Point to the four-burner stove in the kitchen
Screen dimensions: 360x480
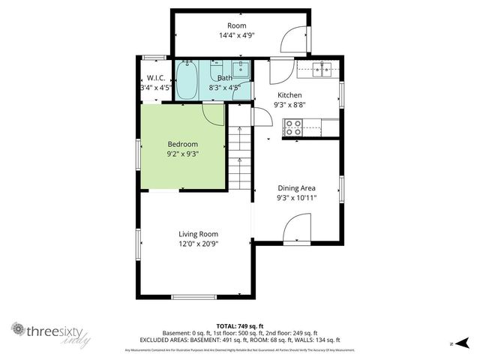tap(293, 127)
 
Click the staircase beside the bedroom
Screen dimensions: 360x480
tap(238, 157)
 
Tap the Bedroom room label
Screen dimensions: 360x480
tap(182, 144)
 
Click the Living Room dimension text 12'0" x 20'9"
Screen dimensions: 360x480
tap(198, 243)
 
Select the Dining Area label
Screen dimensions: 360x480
tap(296, 188)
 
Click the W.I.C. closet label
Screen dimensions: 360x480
tap(156, 78)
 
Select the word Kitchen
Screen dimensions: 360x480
tap(289, 95)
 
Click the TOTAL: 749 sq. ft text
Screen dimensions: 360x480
tap(240, 326)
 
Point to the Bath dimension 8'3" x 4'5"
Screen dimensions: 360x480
tap(226, 87)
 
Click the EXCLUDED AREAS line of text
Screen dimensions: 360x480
tap(240, 340)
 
